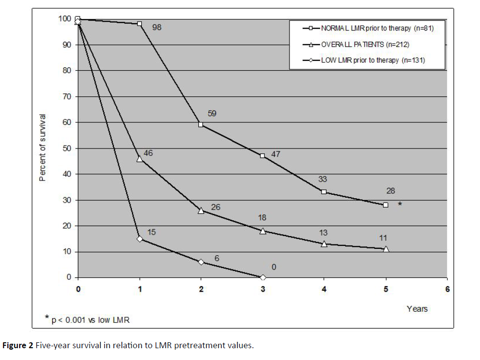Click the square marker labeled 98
[140, 24]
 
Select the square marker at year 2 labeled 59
[201, 124]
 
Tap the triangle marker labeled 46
[140, 158]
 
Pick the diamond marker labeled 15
[140, 239]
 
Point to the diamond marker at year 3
[262, 277]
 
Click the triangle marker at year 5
[385, 249]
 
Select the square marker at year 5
[385, 205]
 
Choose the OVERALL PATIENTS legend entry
[365, 45]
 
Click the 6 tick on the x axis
[447, 289]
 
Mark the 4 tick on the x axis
[324, 289]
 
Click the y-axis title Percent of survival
[43, 148]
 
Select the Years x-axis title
[417, 309]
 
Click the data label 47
[276, 154]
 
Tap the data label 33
[322, 180]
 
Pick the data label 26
[216, 208]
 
